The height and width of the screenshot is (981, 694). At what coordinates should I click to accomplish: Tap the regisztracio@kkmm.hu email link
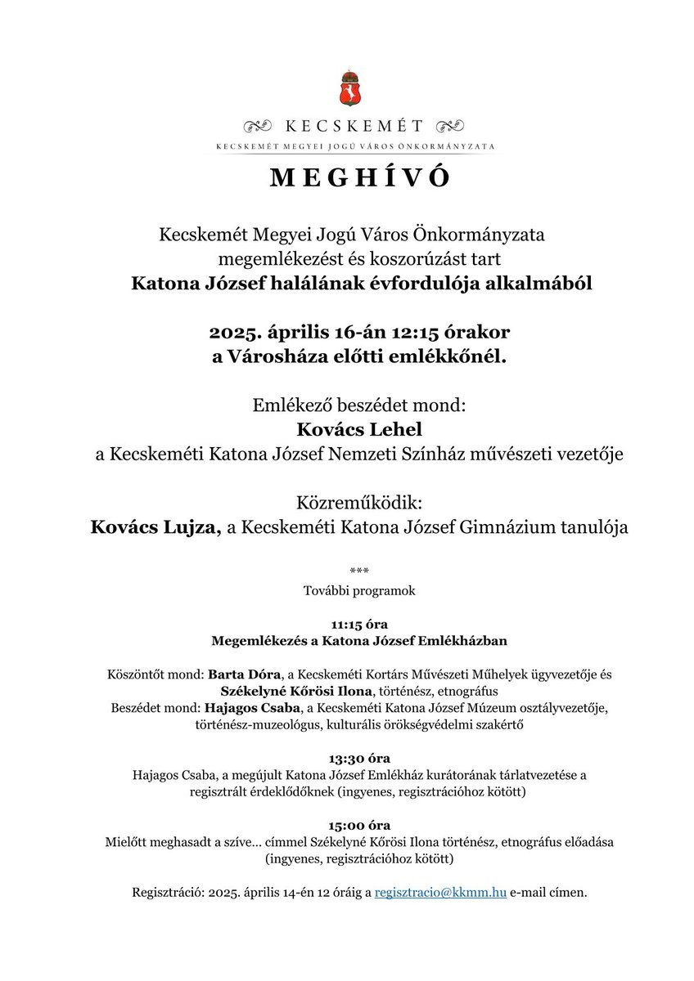pos(440,893)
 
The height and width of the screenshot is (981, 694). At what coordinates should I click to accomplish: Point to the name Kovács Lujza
pos(155,527)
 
